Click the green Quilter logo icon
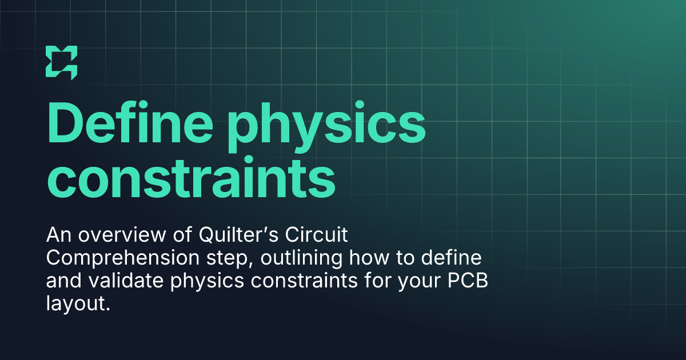click(61, 61)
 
